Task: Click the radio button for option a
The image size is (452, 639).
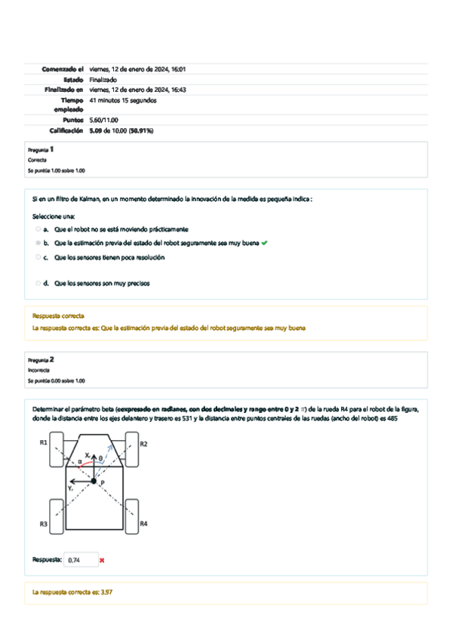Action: click(x=38, y=228)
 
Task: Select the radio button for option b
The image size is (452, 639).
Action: click(x=38, y=243)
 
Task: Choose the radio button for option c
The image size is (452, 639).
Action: click(x=38, y=257)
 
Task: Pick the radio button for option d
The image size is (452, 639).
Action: click(x=38, y=283)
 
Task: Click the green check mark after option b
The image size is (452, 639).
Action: click(x=264, y=243)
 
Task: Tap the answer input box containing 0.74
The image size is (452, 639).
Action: click(x=80, y=560)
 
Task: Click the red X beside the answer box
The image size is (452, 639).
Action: click(x=102, y=560)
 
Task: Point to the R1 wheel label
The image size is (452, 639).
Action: click(x=44, y=442)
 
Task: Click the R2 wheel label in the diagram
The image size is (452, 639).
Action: click(x=143, y=444)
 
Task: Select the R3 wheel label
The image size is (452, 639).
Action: click(x=44, y=523)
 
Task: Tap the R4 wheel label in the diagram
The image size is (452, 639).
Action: click(x=143, y=523)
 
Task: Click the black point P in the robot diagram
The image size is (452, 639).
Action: click(x=94, y=480)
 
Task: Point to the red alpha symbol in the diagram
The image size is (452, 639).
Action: click(x=80, y=461)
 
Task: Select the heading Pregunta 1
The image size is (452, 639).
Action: click(x=41, y=149)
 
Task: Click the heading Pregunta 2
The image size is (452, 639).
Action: click(x=41, y=360)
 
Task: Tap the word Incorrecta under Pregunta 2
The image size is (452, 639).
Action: click(x=38, y=371)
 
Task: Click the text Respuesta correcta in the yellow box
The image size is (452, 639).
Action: click(x=58, y=316)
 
